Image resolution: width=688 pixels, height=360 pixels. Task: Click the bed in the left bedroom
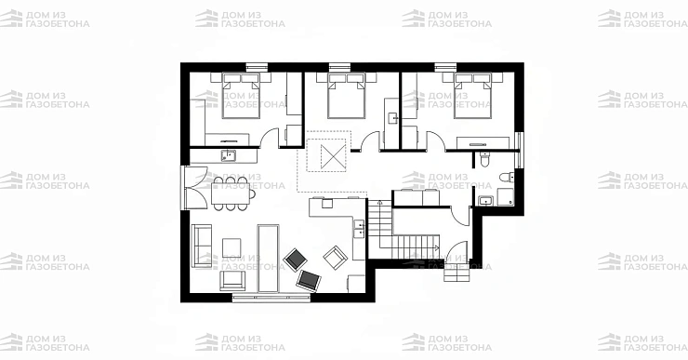point(241,96)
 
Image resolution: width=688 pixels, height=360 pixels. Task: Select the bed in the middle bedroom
point(346,96)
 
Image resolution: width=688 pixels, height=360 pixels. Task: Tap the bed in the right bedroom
point(471,96)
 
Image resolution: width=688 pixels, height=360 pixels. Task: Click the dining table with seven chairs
point(231,193)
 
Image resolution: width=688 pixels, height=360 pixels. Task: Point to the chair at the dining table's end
point(252,193)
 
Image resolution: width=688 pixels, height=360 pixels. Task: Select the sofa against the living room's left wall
point(202,246)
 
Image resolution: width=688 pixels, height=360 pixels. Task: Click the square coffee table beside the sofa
point(232,247)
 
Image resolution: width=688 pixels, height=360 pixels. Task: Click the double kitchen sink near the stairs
point(359,228)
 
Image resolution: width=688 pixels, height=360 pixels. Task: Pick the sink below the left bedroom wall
point(228,155)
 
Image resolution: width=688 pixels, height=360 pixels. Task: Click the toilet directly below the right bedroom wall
point(484,159)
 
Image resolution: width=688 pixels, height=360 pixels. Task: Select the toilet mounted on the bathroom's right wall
point(507,177)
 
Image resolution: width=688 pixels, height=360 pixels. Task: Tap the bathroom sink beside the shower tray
point(485,201)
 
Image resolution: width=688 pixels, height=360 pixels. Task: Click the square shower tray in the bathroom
point(505,197)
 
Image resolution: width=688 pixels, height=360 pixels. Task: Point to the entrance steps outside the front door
point(456,274)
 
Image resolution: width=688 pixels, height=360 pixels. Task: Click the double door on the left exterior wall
point(194,187)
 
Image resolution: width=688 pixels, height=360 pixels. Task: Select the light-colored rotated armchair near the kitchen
point(336,258)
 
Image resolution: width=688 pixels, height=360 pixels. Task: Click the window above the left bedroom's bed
point(257,67)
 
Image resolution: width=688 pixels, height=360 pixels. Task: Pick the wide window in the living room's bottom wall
point(271,298)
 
